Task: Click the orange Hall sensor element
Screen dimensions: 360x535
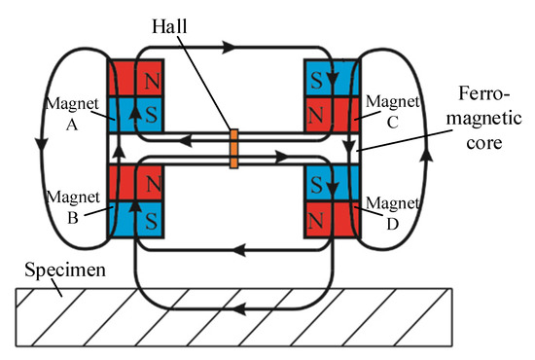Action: click(x=233, y=149)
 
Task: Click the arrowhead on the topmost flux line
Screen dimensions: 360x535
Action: click(x=230, y=46)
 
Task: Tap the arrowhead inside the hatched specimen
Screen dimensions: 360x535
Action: click(x=241, y=309)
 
